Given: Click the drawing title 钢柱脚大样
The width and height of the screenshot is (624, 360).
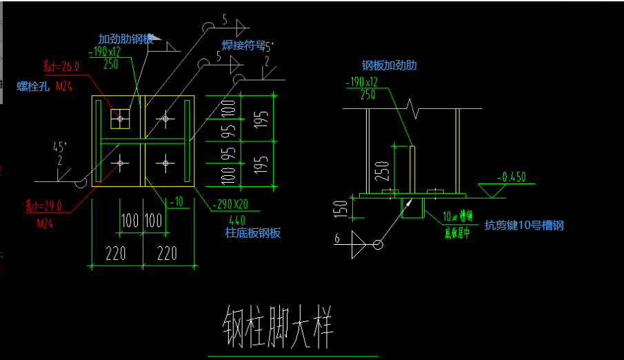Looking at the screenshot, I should (x=278, y=326).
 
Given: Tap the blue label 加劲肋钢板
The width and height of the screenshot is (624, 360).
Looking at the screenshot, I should (x=125, y=39).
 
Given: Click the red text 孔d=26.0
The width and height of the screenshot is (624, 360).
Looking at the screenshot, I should (x=61, y=66).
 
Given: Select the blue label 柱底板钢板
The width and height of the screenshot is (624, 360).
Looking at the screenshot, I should (x=253, y=232).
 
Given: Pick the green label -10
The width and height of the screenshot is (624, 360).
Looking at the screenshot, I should (x=178, y=201).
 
